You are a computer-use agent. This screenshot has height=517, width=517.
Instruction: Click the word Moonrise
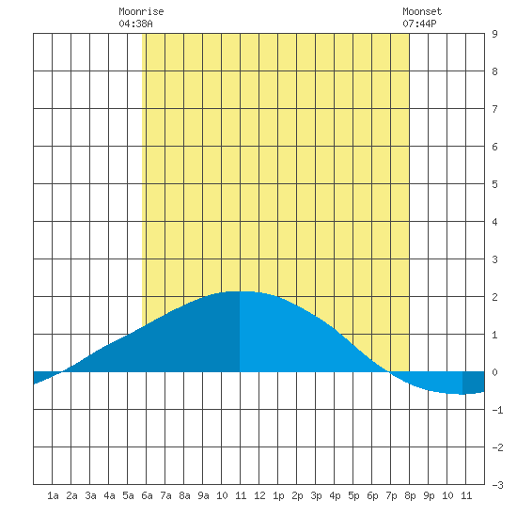[x=141, y=11]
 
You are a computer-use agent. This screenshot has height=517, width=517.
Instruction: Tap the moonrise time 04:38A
[x=135, y=23]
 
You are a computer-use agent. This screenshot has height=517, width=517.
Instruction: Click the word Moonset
[x=422, y=11]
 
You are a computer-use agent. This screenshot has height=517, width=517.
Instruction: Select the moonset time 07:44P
[x=419, y=23]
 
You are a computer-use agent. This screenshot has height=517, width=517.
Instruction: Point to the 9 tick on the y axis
[x=494, y=34]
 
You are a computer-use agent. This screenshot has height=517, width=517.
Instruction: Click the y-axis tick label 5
[x=494, y=184]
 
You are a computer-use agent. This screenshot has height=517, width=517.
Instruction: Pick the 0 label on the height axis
[x=494, y=372]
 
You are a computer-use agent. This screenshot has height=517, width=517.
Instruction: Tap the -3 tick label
[x=497, y=485]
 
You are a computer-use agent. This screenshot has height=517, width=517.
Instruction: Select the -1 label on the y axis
[x=497, y=410]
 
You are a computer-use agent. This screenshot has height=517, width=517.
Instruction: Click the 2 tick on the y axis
[x=494, y=297]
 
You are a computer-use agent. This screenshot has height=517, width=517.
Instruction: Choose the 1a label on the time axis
[x=53, y=495]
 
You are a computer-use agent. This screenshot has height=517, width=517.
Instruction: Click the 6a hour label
[x=147, y=495]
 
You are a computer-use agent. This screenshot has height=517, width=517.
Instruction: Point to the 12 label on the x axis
[x=259, y=495]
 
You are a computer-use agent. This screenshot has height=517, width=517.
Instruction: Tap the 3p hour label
[x=316, y=495]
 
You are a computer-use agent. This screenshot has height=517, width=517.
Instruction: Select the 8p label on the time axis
[x=410, y=495]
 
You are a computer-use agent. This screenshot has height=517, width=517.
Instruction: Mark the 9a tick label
[x=203, y=495]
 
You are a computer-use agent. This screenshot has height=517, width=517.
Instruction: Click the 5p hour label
[x=353, y=495]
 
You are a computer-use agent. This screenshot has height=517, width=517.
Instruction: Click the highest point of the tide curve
[x=240, y=291]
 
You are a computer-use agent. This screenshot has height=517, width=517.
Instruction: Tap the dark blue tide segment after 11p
[x=474, y=383]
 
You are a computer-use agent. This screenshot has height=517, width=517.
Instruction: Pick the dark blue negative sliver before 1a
[x=43, y=376]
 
